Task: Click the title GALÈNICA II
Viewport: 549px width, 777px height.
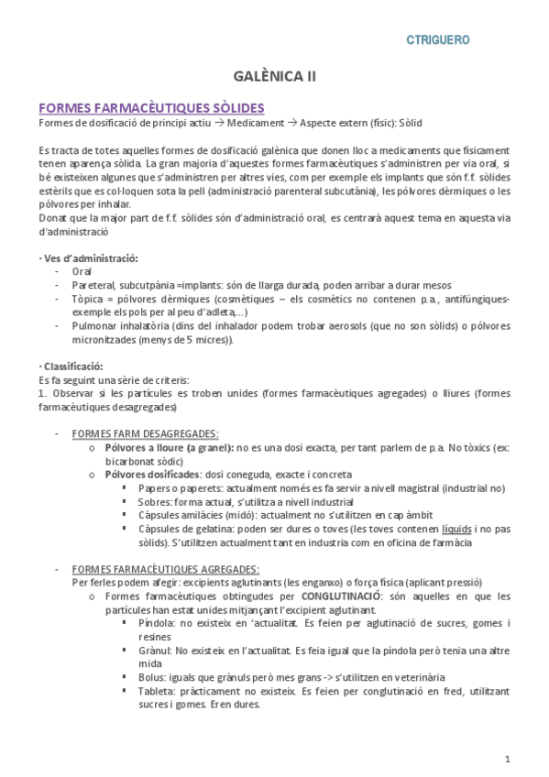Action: click(x=273, y=79)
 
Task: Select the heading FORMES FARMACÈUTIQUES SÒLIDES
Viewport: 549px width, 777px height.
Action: click(x=151, y=108)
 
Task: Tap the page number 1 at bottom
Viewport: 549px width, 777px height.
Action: click(x=507, y=758)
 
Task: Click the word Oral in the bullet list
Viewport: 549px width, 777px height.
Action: click(x=82, y=272)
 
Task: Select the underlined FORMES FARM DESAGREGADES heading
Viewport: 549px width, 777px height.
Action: click(x=145, y=433)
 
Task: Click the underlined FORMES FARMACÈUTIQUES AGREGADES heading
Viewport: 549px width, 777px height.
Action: click(x=165, y=569)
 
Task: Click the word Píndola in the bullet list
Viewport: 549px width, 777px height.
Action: click(x=156, y=623)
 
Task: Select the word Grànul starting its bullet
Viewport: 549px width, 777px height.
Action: click(x=154, y=650)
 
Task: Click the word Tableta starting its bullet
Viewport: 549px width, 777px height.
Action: click(x=156, y=691)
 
